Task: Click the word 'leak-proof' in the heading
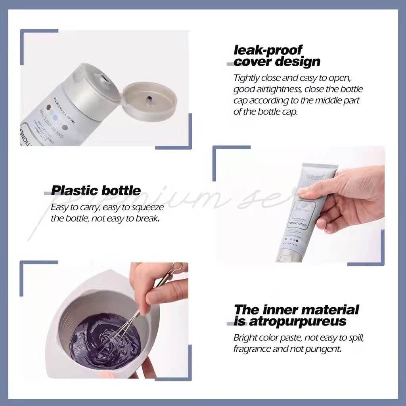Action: [268, 50]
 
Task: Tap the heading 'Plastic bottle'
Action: [96, 190]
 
